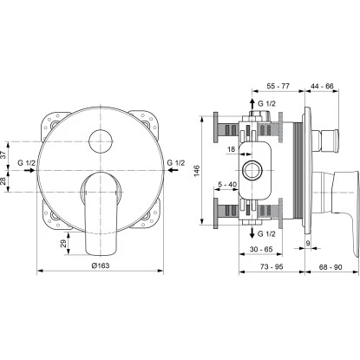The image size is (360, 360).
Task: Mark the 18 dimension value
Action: pos(232,149)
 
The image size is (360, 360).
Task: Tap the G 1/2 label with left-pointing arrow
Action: pos(174,162)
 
